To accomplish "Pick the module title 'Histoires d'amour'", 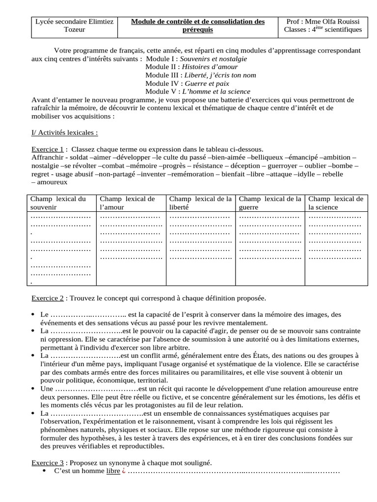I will (x=211, y=67).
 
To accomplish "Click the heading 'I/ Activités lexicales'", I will (x=64, y=133).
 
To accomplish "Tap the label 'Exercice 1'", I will (x=48, y=149).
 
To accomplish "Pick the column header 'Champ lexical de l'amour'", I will (x=127, y=203).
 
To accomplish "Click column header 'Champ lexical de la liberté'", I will (x=200, y=203).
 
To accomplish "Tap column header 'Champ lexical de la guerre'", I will (x=269, y=203).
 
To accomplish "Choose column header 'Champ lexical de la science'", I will (x=336, y=203).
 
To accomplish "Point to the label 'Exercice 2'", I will (x=48, y=298).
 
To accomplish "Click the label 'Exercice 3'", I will (x=48, y=462).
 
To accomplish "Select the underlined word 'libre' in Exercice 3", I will (x=113, y=471).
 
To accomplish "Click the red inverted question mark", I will (x=124, y=471).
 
